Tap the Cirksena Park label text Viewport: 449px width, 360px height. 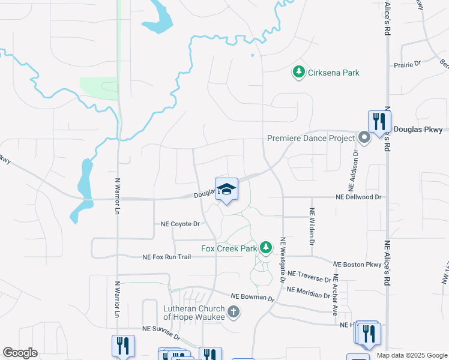coord(334,73)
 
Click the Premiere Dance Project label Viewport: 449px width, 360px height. coord(310,138)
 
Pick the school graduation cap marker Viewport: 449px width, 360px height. coord(227,190)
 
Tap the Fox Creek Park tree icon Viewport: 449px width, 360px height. coord(265,248)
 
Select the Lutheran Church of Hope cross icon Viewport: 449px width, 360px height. coord(234,312)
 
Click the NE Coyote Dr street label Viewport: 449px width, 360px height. coord(180,224)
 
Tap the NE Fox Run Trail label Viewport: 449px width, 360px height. coord(166,257)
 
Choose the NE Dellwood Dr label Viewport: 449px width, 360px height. coord(358,197)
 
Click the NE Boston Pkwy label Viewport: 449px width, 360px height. coord(357,265)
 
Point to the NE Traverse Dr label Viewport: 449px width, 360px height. coord(309,277)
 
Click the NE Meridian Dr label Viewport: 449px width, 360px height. coord(308,292)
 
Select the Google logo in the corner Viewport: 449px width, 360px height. coord(20,353)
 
